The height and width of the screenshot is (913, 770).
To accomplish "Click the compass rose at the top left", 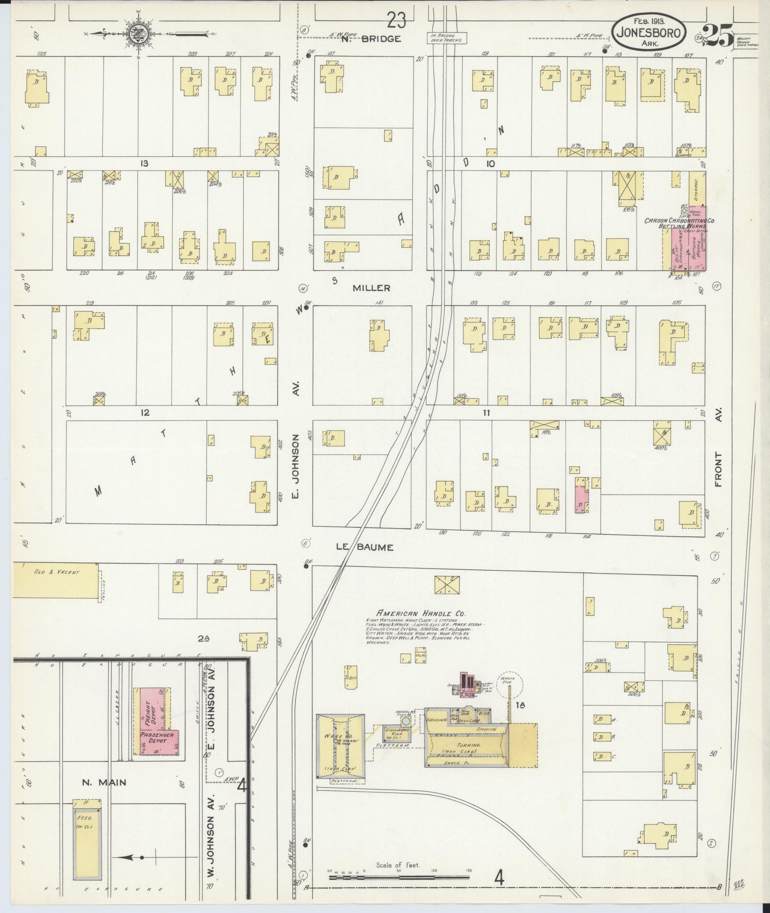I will [x=139, y=33].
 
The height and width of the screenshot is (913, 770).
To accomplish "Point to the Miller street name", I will [x=372, y=288].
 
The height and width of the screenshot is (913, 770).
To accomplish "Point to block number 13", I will [x=144, y=164].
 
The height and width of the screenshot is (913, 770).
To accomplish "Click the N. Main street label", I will [x=104, y=782].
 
